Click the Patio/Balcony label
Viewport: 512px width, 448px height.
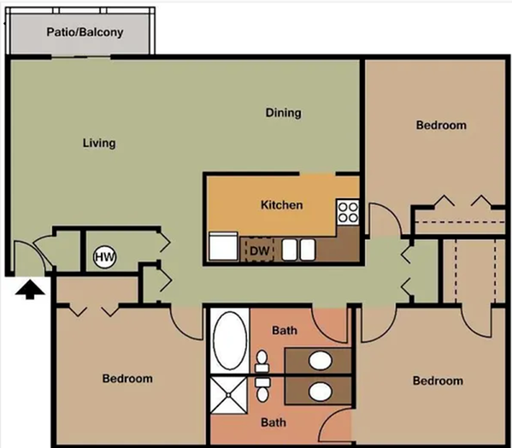pyautogui.click(x=84, y=33)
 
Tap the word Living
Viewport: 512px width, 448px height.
pyautogui.click(x=99, y=143)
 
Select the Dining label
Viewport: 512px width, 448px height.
pyautogui.click(x=283, y=113)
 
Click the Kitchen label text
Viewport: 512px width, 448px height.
pyautogui.click(x=281, y=205)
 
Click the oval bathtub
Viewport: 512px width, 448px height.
pyautogui.click(x=228, y=338)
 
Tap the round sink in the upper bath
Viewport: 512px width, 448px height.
pyautogui.click(x=320, y=359)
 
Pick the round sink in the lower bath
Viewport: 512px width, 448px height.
pyautogui.click(x=320, y=392)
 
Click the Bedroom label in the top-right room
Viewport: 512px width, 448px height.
pyautogui.click(x=441, y=126)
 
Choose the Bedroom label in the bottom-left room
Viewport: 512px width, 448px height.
pyautogui.click(x=127, y=379)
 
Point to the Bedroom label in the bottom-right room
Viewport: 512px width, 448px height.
pyautogui.click(x=438, y=380)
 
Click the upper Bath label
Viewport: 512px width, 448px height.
pyautogui.click(x=284, y=330)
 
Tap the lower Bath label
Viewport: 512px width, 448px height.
pyautogui.click(x=273, y=422)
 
